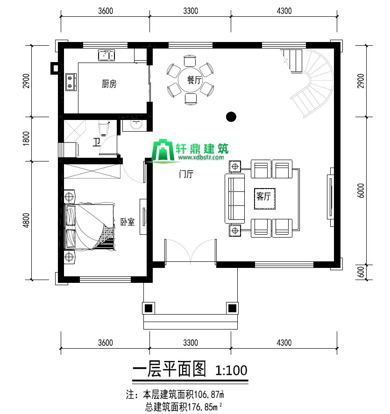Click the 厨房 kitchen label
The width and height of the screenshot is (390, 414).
pos(109,84)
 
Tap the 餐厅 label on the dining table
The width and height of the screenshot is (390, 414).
pos(194,80)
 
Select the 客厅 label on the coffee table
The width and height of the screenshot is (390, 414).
pos(264,196)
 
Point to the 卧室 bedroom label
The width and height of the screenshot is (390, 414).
pos(128,222)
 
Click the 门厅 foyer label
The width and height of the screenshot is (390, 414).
pos(186,174)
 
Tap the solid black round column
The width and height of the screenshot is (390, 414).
pos(231,117)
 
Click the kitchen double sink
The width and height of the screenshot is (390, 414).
pos(106,55)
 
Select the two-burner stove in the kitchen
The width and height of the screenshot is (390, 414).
pos(71,82)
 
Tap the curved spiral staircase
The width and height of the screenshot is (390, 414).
pos(312,82)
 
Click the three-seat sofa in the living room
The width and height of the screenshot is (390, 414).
pos(234,198)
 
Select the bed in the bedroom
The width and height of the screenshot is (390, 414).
pos(90,226)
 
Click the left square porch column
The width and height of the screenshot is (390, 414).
pos(149,308)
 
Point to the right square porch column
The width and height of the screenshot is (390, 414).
pos(232,308)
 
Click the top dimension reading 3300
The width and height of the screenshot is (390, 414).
pos(191,11)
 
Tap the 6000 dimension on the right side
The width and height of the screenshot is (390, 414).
pos(361,190)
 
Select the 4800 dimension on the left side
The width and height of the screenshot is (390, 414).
pos(26,220)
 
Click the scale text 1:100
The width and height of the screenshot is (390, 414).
pos(232,370)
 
